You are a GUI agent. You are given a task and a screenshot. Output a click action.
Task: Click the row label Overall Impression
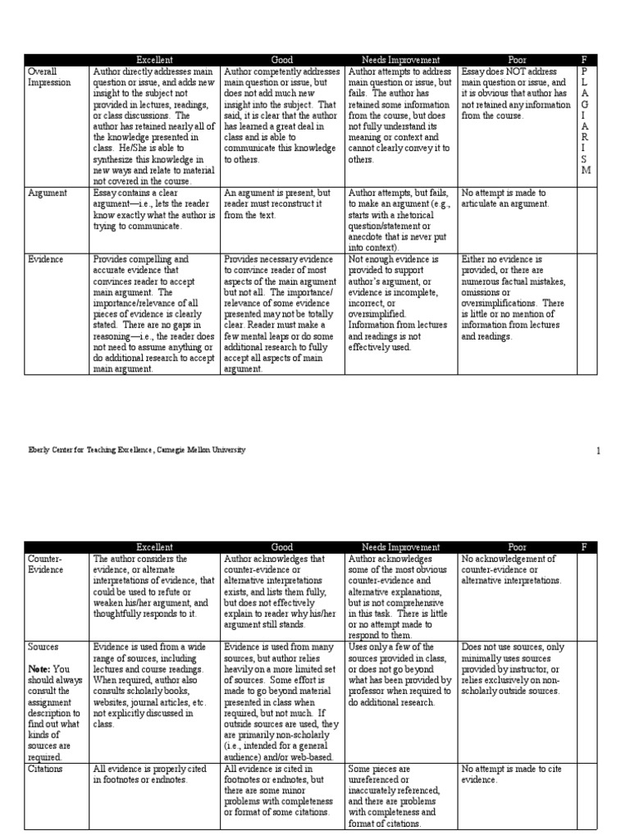click(x=49, y=77)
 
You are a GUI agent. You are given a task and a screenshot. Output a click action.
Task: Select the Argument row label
click(x=48, y=192)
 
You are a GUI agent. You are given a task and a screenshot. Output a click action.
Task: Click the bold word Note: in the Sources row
click(x=39, y=669)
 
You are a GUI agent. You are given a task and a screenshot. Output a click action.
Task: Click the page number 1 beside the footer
click(x=599, y=450)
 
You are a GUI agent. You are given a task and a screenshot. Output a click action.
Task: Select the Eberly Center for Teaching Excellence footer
click(x=135, y=450)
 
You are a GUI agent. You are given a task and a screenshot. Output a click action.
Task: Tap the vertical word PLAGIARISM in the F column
click(x=584, y=121)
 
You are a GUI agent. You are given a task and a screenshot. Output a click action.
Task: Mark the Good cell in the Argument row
click(x=279, y=203)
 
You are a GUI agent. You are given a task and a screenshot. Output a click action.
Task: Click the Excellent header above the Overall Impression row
click(x=154, y=60)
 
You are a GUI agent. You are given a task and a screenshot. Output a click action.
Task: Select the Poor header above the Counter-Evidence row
click(x=517, y=547)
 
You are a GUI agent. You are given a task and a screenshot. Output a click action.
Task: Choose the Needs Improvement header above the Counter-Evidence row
click(x=400, y=547)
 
